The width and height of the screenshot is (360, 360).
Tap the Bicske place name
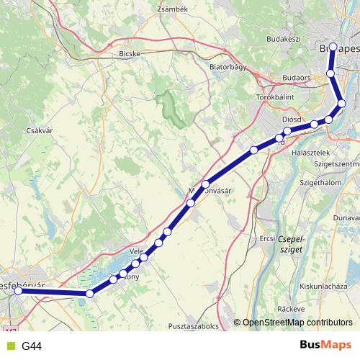[x=129, y=53]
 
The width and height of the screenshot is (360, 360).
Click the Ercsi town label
[x=266, y=238]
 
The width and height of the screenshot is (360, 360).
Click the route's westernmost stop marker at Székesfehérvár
[x=19, y=291]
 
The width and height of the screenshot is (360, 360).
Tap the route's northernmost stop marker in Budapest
[x=332, y=48]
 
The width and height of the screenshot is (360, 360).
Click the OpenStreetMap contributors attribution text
[x=297, y=323]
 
